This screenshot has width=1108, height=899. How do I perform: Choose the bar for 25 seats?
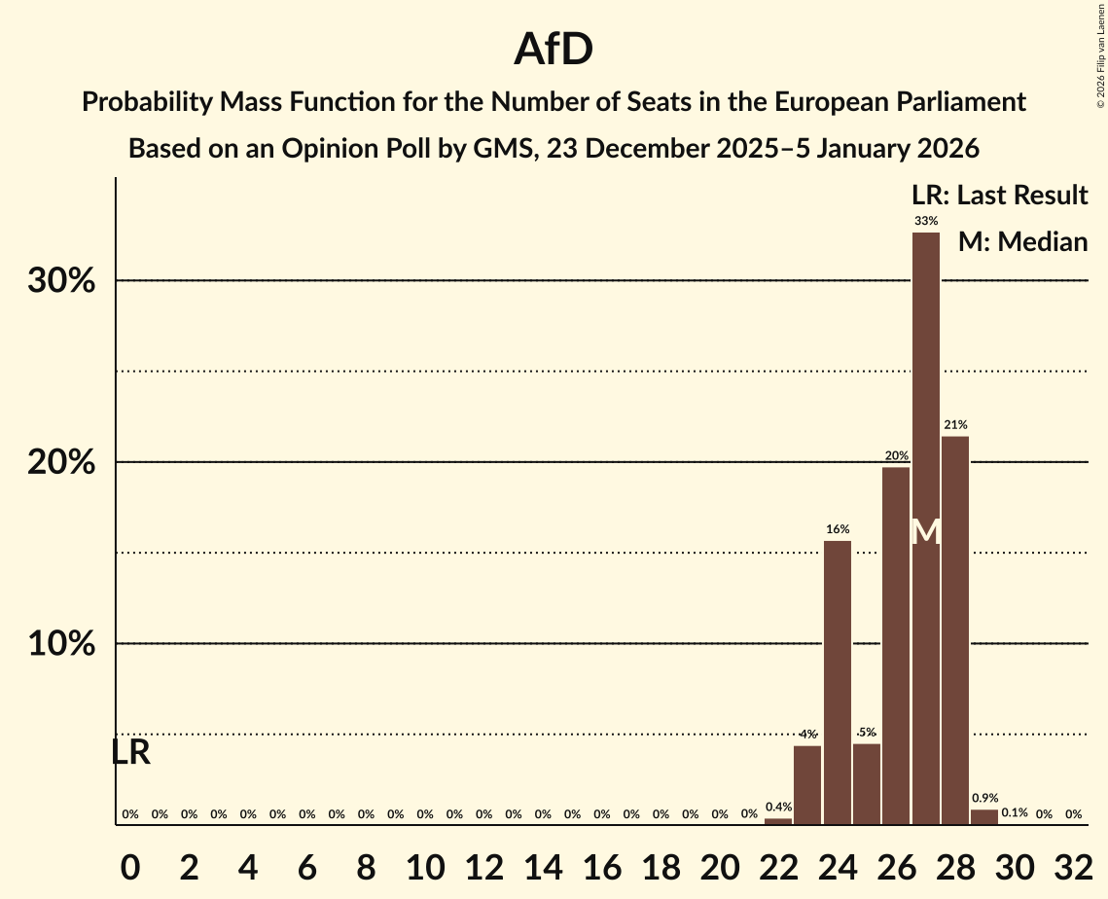(867, 784)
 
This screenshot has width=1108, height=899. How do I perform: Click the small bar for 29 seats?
(984, 817)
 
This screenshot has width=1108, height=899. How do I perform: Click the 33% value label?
(926, 222)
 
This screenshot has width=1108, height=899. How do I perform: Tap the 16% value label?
(838, 529)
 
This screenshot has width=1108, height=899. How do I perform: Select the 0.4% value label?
(778, 808)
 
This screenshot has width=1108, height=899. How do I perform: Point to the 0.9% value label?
(984, 799)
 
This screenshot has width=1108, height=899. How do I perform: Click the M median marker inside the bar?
(926, 532)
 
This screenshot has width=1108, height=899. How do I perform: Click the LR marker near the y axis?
(130, 752)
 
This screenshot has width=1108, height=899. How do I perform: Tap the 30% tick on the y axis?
(60, 281)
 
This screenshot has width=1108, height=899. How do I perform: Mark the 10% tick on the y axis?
(60, 644)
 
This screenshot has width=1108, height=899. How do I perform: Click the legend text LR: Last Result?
(998, 196)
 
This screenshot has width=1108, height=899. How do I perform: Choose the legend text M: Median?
(1021, 242)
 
